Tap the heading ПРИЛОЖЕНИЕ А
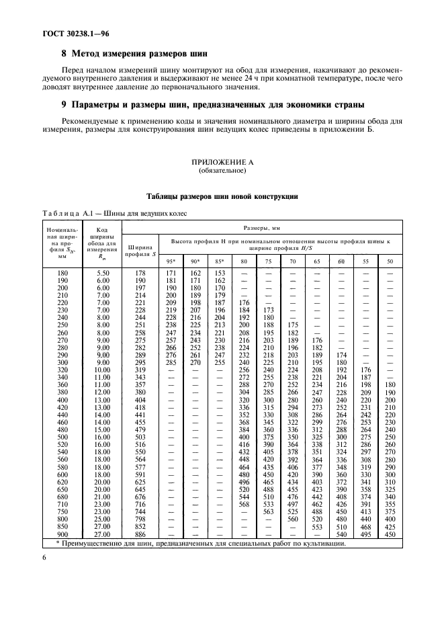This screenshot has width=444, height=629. (x=222, y=163)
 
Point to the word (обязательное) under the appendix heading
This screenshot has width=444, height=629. (x=222, y=171)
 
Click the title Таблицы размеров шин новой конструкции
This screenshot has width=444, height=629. (x=222, y=196)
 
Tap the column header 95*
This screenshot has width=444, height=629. (x=171, y=261)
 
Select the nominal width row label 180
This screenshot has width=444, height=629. (x=62, y=273)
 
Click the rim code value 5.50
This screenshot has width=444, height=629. (x=102, y=273)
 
